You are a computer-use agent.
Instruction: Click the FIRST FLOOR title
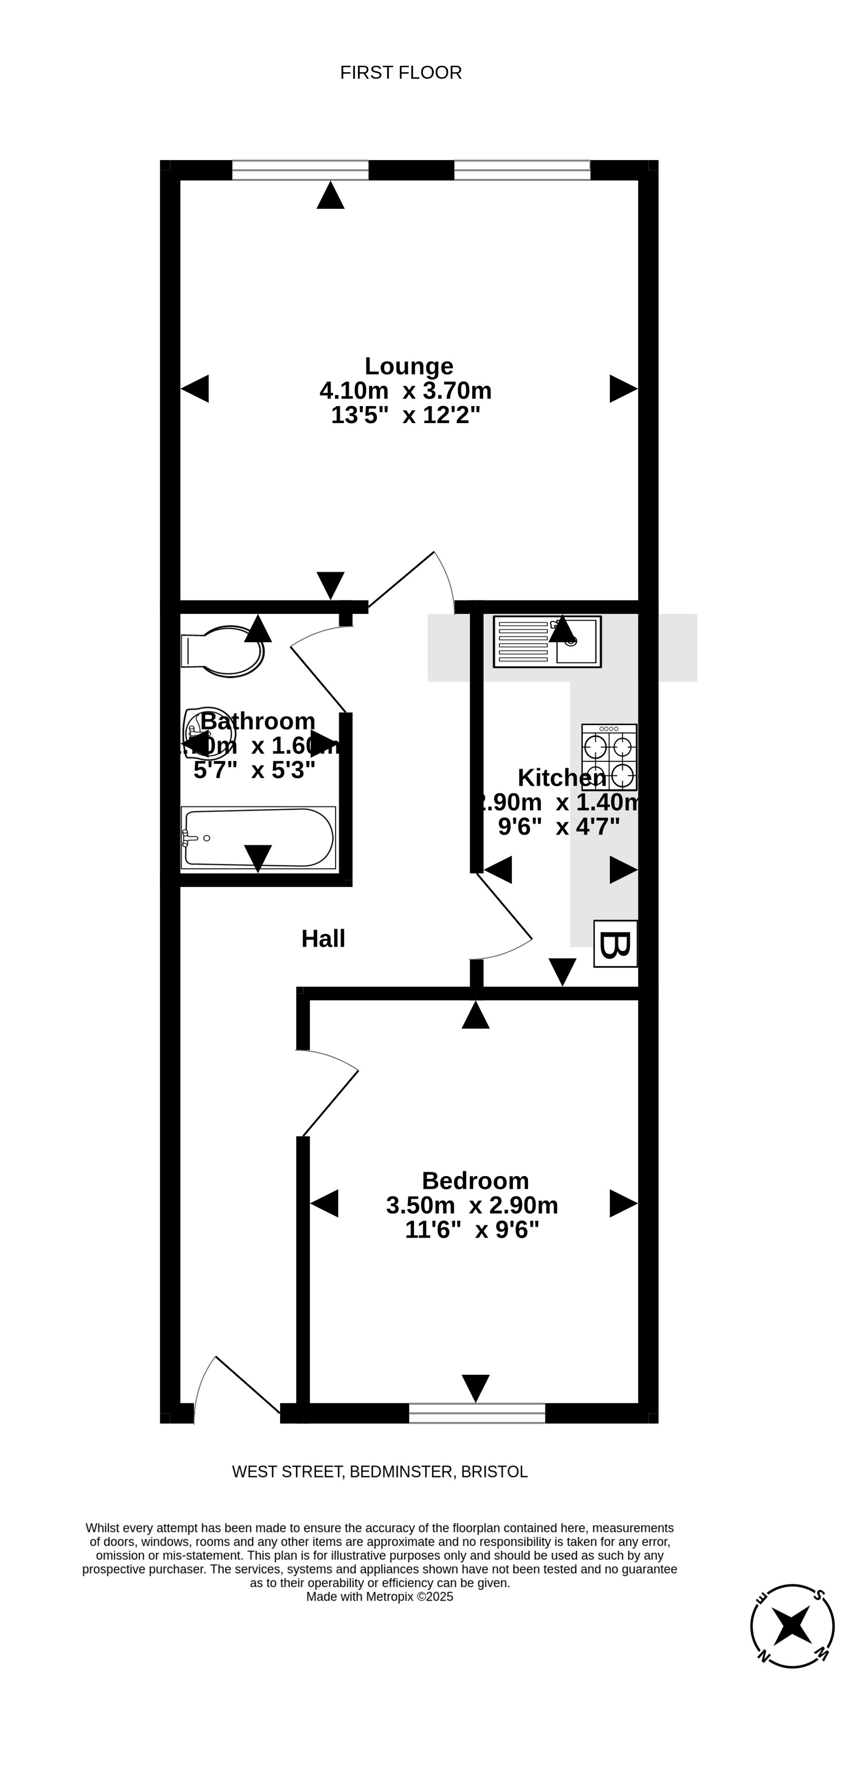click(401, 72)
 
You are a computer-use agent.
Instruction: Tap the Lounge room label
click(409, 365)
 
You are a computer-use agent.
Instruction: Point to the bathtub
click(258, 838)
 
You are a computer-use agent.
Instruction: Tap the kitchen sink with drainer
click(547, 641)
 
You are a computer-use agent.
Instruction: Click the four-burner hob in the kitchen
click(609, 757)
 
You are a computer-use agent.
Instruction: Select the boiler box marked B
click(615, 944)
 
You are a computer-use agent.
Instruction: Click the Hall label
click(323, 939)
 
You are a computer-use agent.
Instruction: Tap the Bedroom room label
click(475, 1181)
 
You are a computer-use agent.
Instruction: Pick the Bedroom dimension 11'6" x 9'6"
click(472, 1230)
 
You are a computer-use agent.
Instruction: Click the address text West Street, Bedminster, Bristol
click(379, 1472)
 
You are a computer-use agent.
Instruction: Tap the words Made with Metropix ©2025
click(379, 1597)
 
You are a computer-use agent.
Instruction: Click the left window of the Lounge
click(300, 170)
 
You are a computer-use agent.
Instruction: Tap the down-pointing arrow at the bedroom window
click(476, 1388)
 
